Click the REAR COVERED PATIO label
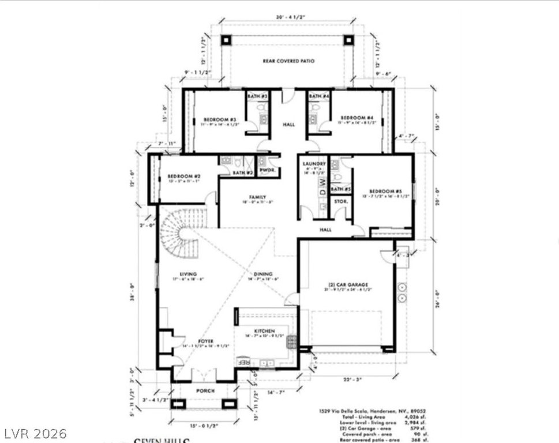click(x=288, y=61)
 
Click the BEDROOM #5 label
click(x=381, y=191)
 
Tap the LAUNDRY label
click(x=314, y=164)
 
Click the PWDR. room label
click(x=267, y=171)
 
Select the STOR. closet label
click(x=340, y=201)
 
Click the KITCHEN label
click(x=262, y=330)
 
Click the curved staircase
click(x=179, y=234)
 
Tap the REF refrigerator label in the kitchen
click(x=244, y=362)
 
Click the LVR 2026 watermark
click(x=35, y=432)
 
